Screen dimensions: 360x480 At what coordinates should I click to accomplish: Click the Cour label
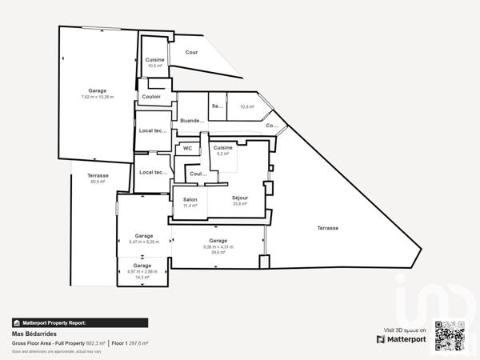[191, 52]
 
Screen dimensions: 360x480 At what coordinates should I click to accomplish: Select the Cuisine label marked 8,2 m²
[222, 150]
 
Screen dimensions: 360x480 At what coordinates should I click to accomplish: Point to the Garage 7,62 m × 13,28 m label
[98, 94]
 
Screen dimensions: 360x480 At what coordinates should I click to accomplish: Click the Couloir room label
[151, 97]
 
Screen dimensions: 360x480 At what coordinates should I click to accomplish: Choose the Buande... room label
[192, 121]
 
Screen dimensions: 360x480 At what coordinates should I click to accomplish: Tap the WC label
[187, 148]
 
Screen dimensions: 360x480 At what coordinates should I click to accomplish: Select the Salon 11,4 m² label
[190, 202]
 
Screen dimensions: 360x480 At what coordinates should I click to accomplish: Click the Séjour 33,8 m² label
[240, 201]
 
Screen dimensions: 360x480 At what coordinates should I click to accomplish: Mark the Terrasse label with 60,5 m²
[98, 178]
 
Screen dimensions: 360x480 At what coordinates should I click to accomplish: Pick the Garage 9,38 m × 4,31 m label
[218, 244]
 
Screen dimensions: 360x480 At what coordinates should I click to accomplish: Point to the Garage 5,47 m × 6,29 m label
[144, 238]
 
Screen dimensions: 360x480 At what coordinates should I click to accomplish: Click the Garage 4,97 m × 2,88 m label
[142, 269]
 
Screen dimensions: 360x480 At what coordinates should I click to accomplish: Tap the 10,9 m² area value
[247, 106]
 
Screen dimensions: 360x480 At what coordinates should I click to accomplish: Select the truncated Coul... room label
[197, 173]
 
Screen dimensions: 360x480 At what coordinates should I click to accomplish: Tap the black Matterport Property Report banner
[79, 322]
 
